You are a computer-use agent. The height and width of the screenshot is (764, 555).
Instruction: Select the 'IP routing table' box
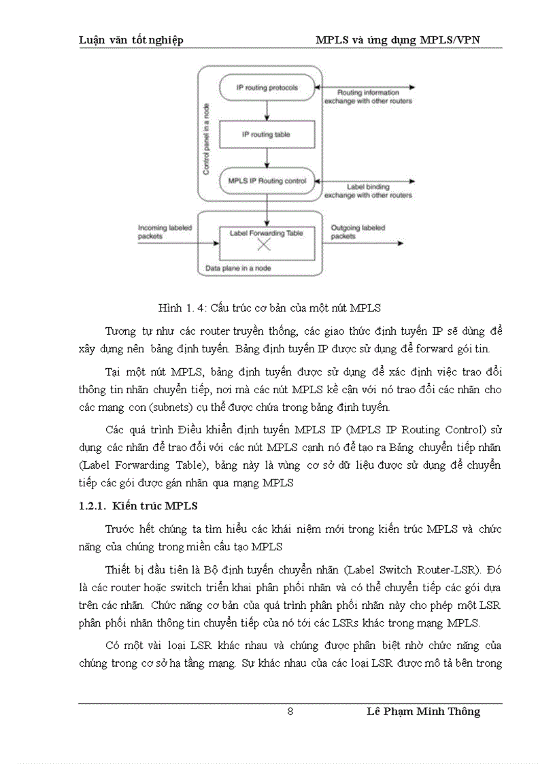point(267,135)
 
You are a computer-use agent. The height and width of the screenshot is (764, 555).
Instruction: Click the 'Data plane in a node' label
point(238,268)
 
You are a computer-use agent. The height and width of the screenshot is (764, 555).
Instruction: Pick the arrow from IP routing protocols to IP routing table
point(267,110)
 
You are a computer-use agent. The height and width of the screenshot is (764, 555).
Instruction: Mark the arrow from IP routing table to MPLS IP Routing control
point(267,157)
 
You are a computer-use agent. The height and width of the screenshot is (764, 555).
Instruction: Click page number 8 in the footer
point(290,712)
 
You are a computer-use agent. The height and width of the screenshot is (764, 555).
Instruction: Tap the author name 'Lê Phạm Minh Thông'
point(423,712)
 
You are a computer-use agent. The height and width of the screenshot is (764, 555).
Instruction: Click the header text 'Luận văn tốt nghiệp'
point(131,40)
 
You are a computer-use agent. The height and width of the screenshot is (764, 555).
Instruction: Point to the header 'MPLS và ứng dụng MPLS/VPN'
point(398,40)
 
